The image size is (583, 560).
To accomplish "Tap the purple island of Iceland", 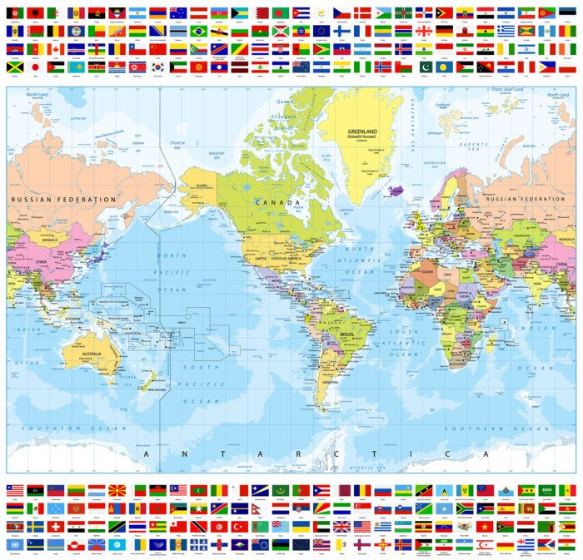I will pyautogui.click(x=397, y=190).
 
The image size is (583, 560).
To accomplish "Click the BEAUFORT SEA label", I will pyautogui.click(x=217, y=154).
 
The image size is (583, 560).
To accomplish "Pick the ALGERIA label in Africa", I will pyautogui.click(x=427, y=270).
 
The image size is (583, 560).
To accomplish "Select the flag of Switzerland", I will pyautogui.click(x=56, y=527).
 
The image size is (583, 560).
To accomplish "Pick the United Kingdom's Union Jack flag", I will pyautogui.click(x=341, y=527).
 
